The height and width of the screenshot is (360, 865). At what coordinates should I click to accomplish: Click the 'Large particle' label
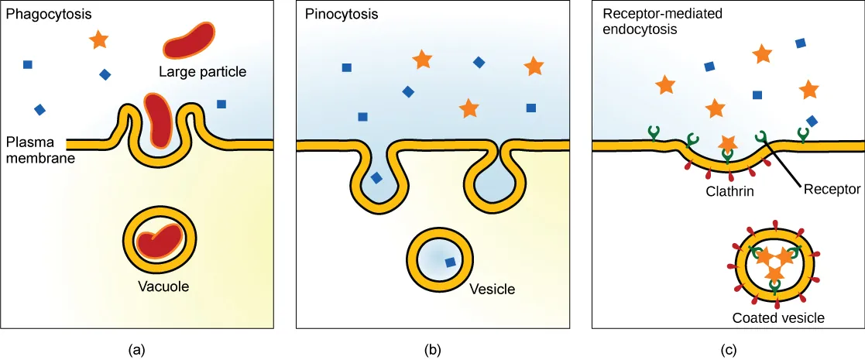tap(202, 72)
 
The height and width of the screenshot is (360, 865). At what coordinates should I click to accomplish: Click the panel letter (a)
tap(136, 349)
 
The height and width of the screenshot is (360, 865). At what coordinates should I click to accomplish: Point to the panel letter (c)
tap(728, 349)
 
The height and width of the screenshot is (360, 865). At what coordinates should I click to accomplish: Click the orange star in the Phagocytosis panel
tap(98, 39)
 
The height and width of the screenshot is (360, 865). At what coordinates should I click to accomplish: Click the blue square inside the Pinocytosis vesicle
tap(448, 262)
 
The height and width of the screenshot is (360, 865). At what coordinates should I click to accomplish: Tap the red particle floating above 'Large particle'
tap(189, 39)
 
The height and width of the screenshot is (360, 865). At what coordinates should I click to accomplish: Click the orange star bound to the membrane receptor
tap(727, 143)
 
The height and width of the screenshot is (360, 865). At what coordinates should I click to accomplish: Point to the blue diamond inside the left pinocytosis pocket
tap(376, 178)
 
